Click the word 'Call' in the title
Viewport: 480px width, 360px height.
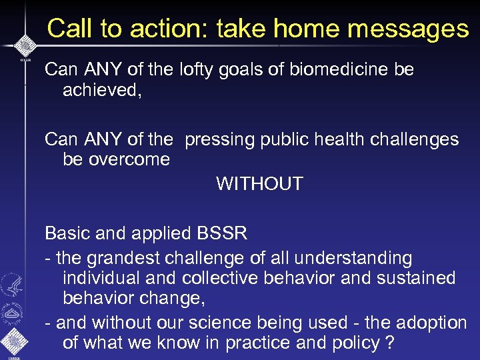click(x=69, y=29)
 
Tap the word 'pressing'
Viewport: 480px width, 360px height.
click(x=219, y=139)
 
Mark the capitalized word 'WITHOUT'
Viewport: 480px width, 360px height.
click(x=259, y=183)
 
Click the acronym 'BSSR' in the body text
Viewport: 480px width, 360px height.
click(x=222, y=233)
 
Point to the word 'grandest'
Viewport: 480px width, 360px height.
click(x=127, y=258)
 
